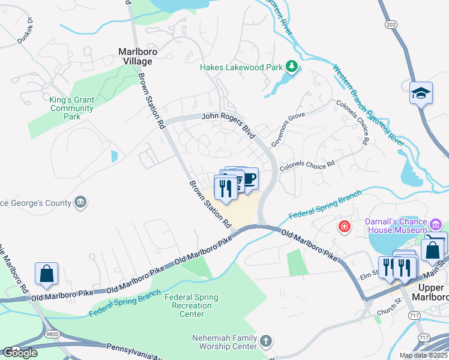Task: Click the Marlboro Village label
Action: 137,56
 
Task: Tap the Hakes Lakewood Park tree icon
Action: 291,67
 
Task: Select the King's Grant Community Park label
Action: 71,109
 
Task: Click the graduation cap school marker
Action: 421,93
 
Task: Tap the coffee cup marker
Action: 247,179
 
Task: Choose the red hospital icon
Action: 345,226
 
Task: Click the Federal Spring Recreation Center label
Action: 192,305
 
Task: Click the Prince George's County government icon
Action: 80,203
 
